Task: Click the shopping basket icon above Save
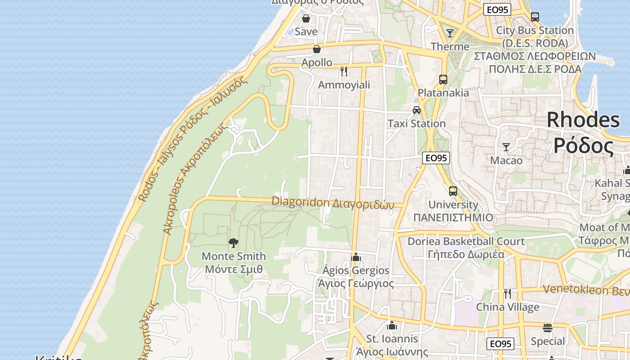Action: [306, 18]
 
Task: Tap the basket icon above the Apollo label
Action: [317, 49]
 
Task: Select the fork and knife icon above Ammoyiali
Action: [344, 71]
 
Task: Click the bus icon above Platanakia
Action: [443, 80]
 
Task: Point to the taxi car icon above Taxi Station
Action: [417, 110]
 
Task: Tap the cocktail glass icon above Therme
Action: [450, 33]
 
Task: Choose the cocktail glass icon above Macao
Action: [506, 147]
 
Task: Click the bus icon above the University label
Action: [453, 191]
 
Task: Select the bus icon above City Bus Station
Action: [535, 17]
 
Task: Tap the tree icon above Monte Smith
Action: [233, 243]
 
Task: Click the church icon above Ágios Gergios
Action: [356, 257]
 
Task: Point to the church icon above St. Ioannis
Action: [392, 325]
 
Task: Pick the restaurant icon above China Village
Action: [508, 294]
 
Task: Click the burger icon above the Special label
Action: [548, 328]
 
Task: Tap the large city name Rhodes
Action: [583, 120]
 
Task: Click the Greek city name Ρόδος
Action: [583, 145]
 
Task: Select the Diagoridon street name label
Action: [301, 202]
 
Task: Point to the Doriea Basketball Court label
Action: [466, 241]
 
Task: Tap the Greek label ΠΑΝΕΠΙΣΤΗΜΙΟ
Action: [453, 217]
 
